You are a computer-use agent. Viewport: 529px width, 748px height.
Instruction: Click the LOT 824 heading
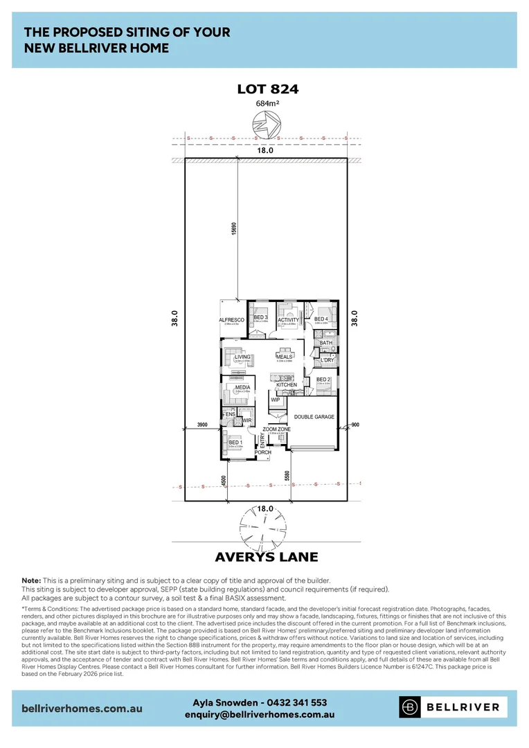[x=267, y=89]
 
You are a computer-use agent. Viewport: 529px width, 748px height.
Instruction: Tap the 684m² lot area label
[x=267, y=104]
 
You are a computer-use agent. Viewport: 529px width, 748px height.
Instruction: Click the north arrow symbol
[x=267, y=126]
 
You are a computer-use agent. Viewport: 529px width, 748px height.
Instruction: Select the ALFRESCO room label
[x=232, y=320]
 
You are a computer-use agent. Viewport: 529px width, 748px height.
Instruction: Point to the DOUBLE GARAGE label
[x=314, y=417]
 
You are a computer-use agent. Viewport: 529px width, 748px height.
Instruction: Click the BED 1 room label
[x=235, y=442]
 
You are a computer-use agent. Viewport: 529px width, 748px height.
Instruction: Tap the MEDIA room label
[x=242, y=388]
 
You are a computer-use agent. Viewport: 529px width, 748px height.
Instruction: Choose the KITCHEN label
[x=287, y=384]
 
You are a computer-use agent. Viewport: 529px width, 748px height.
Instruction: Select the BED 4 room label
[x=321, y=319]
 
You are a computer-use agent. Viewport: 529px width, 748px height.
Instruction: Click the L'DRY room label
[x=327, y=360]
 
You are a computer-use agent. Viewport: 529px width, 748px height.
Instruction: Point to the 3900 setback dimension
[x=203, y=424]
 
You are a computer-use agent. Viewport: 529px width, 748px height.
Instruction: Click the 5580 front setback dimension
[x=287, y=476]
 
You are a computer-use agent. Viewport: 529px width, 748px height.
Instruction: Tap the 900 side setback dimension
[x=355, y=424]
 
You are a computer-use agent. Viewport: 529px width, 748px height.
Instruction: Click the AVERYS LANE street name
[x=267, y=557]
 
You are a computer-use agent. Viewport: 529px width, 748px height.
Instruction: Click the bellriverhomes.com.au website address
[x=82, y=708]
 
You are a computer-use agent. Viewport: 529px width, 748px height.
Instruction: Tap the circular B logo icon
[x=411, y=707]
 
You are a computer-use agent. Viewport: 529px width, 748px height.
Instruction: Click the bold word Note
[x=31, y=580]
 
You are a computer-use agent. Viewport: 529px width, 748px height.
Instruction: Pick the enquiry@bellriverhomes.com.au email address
[x=260, y=714]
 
